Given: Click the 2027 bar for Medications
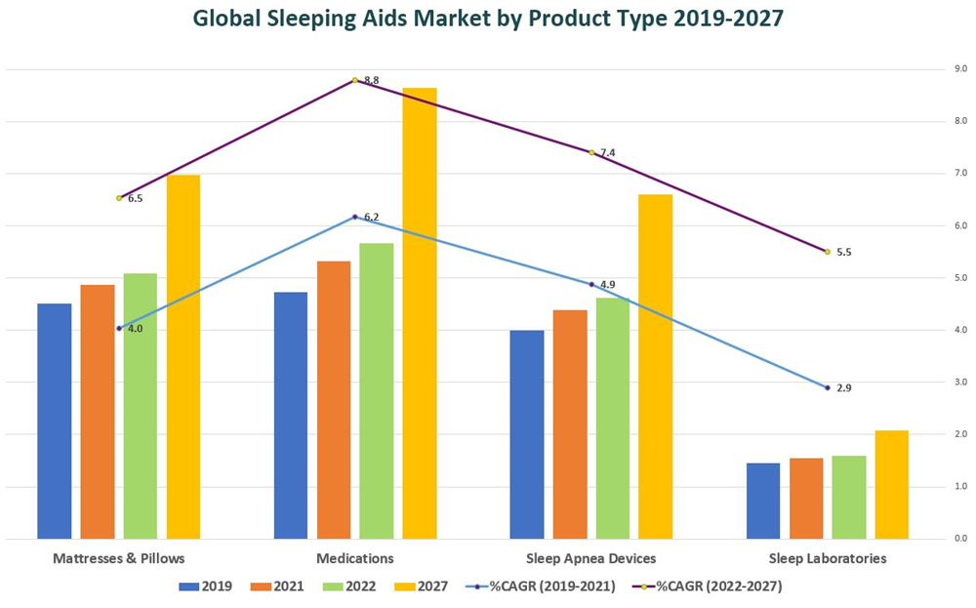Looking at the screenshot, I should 420,312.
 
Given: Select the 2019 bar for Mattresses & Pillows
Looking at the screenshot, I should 55,421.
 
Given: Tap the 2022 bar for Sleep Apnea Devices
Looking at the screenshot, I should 613,418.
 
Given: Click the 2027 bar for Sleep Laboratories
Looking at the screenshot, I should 891,484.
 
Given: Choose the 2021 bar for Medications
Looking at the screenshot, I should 334,399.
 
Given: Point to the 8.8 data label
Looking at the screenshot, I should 371,80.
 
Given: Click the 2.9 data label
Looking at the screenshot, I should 844,388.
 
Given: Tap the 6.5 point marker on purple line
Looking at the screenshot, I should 119,198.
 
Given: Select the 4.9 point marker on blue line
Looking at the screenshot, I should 590,284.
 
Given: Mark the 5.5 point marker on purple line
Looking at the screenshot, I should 828,252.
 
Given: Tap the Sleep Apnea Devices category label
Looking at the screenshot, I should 590,558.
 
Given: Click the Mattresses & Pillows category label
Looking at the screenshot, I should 118,558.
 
